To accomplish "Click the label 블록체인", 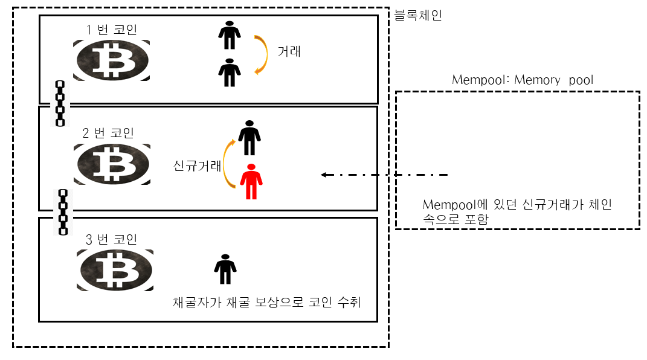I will click(418, 15).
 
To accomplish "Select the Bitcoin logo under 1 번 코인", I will click(112, 60).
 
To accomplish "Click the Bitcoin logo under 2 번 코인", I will click(112, 164).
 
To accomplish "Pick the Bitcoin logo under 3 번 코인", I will click(115, 270).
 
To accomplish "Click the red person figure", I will click(249, 182).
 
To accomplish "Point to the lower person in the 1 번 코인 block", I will click(229, 72).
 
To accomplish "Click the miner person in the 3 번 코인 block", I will click(225, 269).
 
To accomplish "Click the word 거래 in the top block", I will click(289, 52).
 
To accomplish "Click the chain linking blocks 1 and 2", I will click(60, 103).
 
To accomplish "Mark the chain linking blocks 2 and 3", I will click(62, 211).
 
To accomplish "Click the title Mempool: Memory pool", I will click(523, 80).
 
